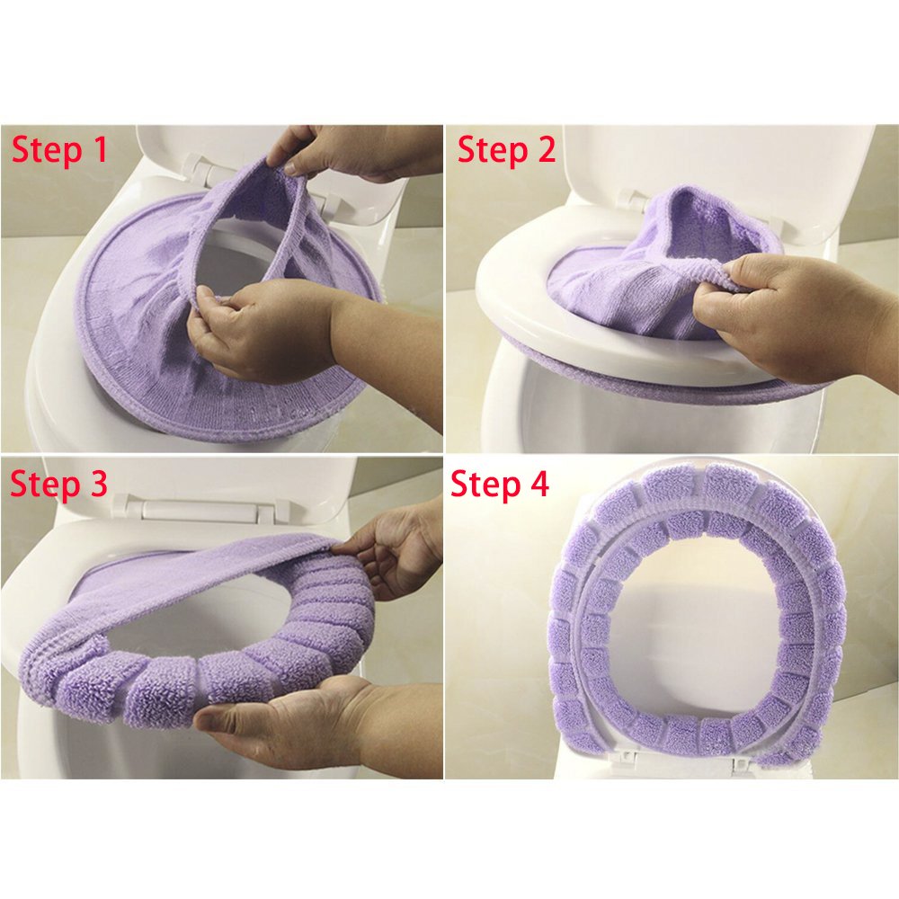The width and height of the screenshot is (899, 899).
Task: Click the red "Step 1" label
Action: click(x=59, y=150)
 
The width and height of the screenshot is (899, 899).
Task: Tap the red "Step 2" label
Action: click(x=507, y=150)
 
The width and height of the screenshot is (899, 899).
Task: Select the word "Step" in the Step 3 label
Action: click(x=45, y=484)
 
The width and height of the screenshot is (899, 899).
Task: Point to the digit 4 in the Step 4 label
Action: click(x=539, y=484)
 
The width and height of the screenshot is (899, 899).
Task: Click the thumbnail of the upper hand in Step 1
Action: click(x=292, y=168)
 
